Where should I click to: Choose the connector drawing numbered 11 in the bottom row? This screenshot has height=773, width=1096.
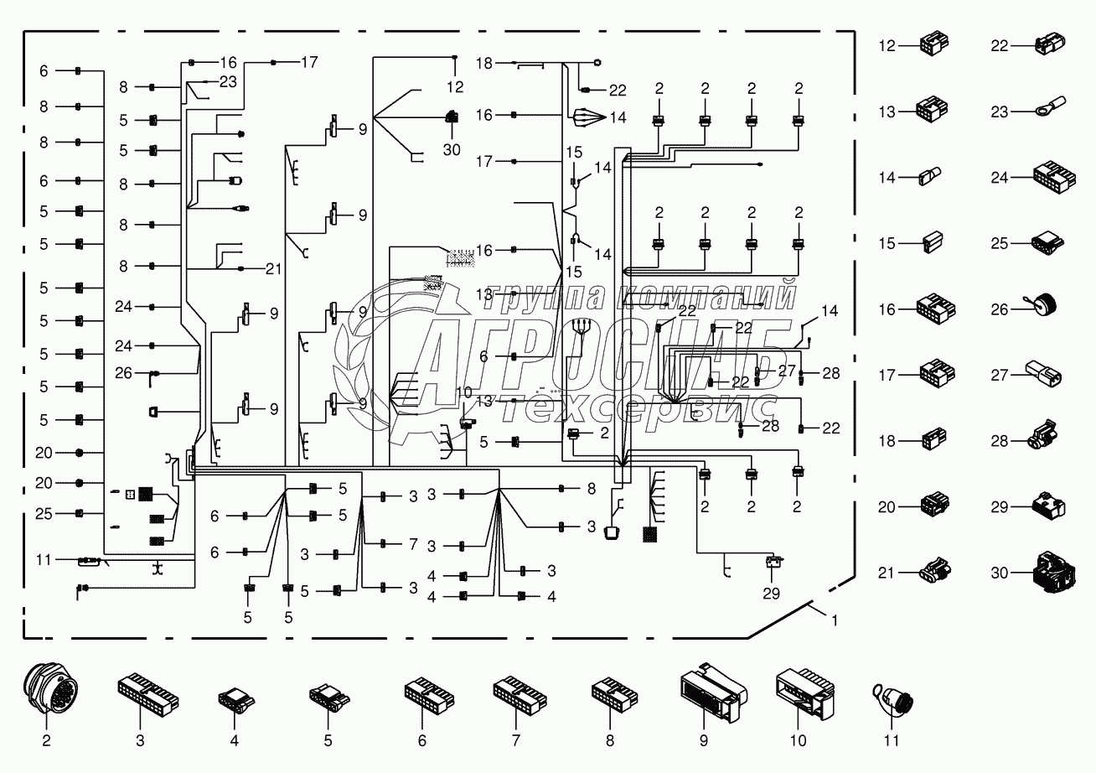click(x=893, y=695)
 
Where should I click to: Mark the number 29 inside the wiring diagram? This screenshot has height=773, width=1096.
click(x=771, y=593)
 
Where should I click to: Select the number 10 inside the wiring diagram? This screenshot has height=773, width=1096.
click(x=463, y=392)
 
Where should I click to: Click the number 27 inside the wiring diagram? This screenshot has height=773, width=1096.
click(x=788, y=370)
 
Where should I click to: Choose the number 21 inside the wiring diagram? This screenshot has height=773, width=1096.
click(x=273, y=268)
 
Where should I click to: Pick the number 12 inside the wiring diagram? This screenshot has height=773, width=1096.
click(x=454, y=87)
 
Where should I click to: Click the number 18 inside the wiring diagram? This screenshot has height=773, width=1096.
click(x=484, y=63)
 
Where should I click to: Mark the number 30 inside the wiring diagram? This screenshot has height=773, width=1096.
click(x=453, y=151)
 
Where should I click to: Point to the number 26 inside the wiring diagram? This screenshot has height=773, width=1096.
click(x=123, y=373)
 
